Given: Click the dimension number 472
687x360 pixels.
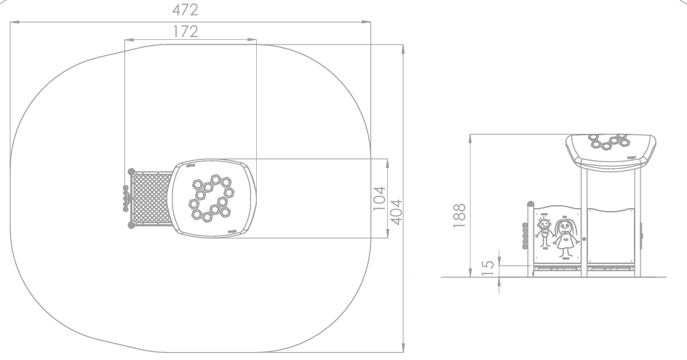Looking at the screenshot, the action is coord(185,9).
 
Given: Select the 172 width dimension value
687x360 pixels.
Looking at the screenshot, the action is coord(186,31).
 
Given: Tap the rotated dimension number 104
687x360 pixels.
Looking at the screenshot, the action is coord(379,198).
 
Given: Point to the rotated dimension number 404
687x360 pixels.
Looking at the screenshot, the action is coord(396,212).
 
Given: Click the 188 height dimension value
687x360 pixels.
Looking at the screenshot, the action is coord(459,215).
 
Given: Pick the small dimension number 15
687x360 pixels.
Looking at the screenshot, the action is coord(488,268).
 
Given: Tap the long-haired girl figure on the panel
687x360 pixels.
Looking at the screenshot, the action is coord(565,237).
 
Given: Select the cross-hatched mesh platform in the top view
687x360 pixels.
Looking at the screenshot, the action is coord(151,199).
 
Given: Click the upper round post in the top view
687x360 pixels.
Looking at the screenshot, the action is coord(132,172).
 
